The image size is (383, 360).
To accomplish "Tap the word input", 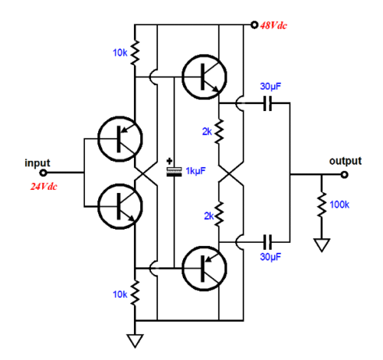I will point(38,162).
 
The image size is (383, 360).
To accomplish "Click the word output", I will point(345,162).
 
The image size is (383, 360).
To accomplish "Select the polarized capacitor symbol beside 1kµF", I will point(173,172).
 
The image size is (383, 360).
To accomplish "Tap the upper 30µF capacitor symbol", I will point(268,103).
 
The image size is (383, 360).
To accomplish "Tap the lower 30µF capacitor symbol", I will point(268,240).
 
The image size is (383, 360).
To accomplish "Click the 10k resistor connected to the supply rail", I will point(136,52).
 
